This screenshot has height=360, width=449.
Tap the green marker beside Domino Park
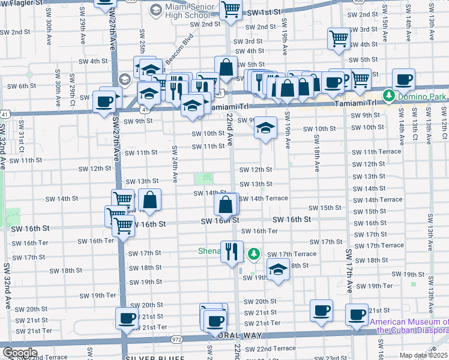389,95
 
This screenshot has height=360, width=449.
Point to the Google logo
20,353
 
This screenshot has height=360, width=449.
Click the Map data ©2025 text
424,355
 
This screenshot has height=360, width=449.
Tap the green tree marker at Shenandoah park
255,254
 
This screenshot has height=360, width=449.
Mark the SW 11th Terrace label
376,152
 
